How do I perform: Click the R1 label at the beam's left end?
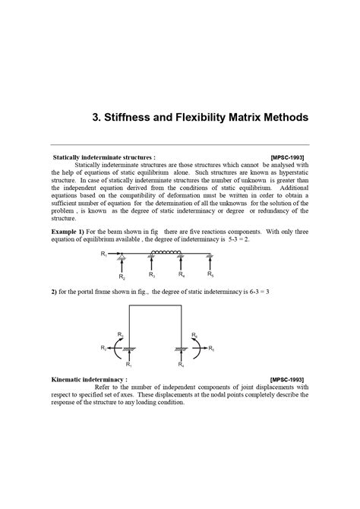[x=104, y=255]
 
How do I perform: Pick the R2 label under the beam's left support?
[x=122, y=278]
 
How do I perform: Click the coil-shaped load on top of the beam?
[x=166, y=253]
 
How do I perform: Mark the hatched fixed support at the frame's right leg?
[x=181, y=349]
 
